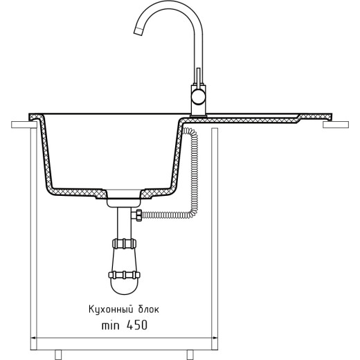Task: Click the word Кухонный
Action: pos(111,309)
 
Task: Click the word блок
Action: pos(149,309)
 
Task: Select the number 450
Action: pos(137,325)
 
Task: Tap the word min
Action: pos(111,326)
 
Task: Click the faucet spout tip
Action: pos(138,31)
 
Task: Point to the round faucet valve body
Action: pos(198,97)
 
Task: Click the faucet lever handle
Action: pos(198,76)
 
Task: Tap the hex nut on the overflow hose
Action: pos(139,215)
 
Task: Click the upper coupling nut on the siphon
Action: pos(124,244)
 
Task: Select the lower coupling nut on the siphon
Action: pos(124,275)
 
